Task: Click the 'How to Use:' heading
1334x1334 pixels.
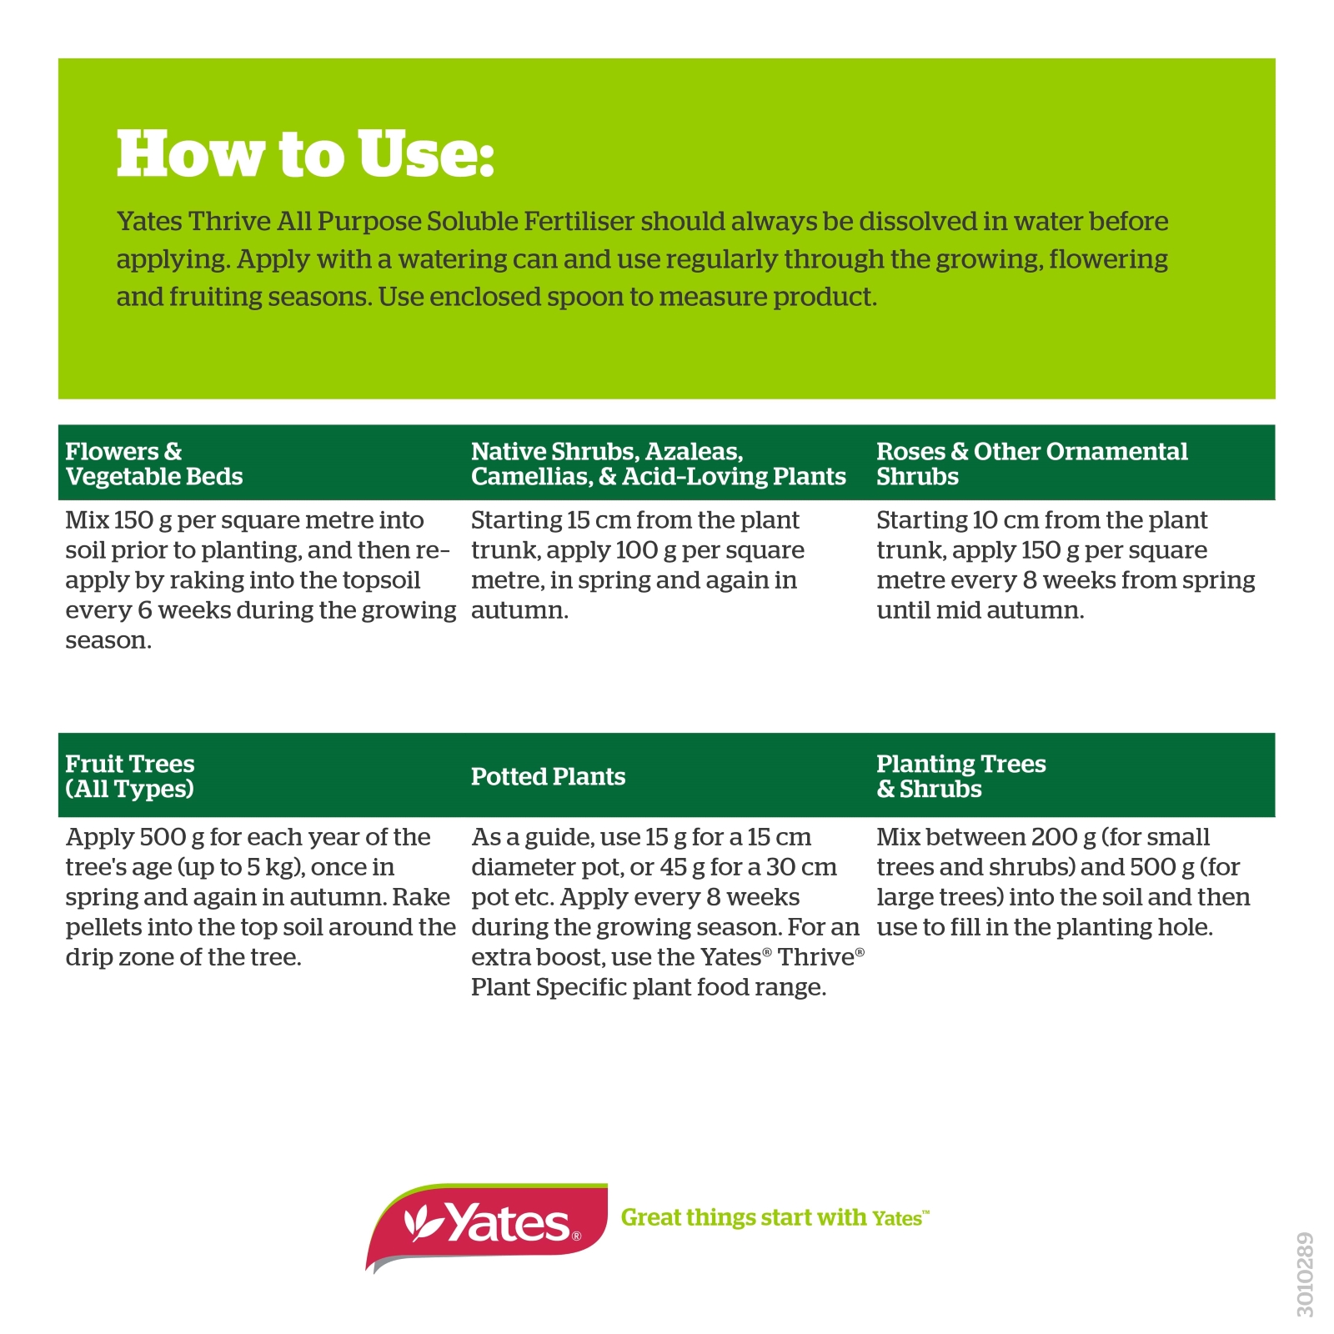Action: tap(305, 154)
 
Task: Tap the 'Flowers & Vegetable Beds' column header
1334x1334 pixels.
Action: tap(154, 464)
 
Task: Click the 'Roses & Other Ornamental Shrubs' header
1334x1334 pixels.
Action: tap(1032, 464)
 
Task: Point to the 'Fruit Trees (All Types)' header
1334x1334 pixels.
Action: tap(130, 776)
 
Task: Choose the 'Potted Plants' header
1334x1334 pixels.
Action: tap(548, 776)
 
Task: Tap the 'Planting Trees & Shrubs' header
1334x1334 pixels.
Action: tap(961, 776)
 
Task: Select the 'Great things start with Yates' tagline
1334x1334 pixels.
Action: tap(775, 1217)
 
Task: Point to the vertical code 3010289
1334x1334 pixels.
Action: tap(1306, 1275)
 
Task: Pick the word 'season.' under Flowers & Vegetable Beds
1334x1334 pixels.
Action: tap(108, 640)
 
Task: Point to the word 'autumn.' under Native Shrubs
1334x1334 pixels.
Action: tap(519, 610)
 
